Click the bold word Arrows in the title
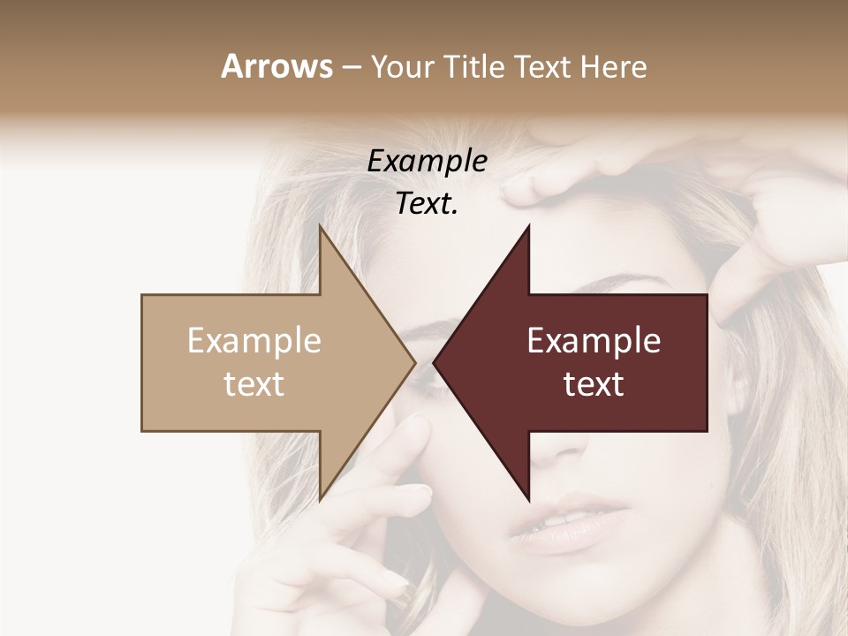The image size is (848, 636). (277, 66)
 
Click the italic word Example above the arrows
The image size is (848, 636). (427, 162)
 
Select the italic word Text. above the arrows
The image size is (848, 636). (427, 204)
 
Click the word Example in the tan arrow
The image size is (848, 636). (254, 341)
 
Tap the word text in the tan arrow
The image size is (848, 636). (254, 384)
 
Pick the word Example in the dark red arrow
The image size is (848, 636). (594, 341)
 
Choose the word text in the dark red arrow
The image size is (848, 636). (594, 384)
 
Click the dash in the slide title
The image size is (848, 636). (350, 68)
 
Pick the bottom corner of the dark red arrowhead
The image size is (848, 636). (528, 499)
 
